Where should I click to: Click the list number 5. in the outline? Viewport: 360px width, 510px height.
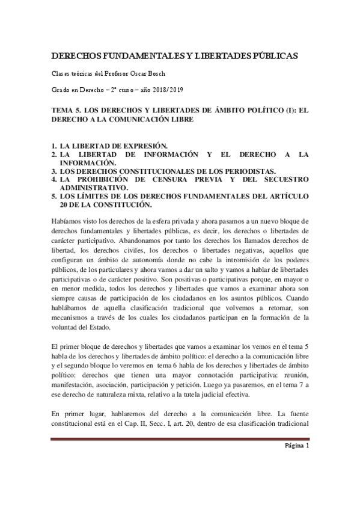pyautogui.click(x=54, y=195)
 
